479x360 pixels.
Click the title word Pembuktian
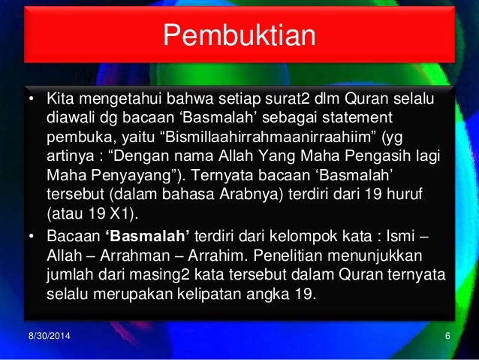[239, 36]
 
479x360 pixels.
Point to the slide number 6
[447, 334]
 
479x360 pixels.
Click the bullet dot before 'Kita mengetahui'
[32, 101]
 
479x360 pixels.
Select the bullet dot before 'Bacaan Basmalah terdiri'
[32, 237]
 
